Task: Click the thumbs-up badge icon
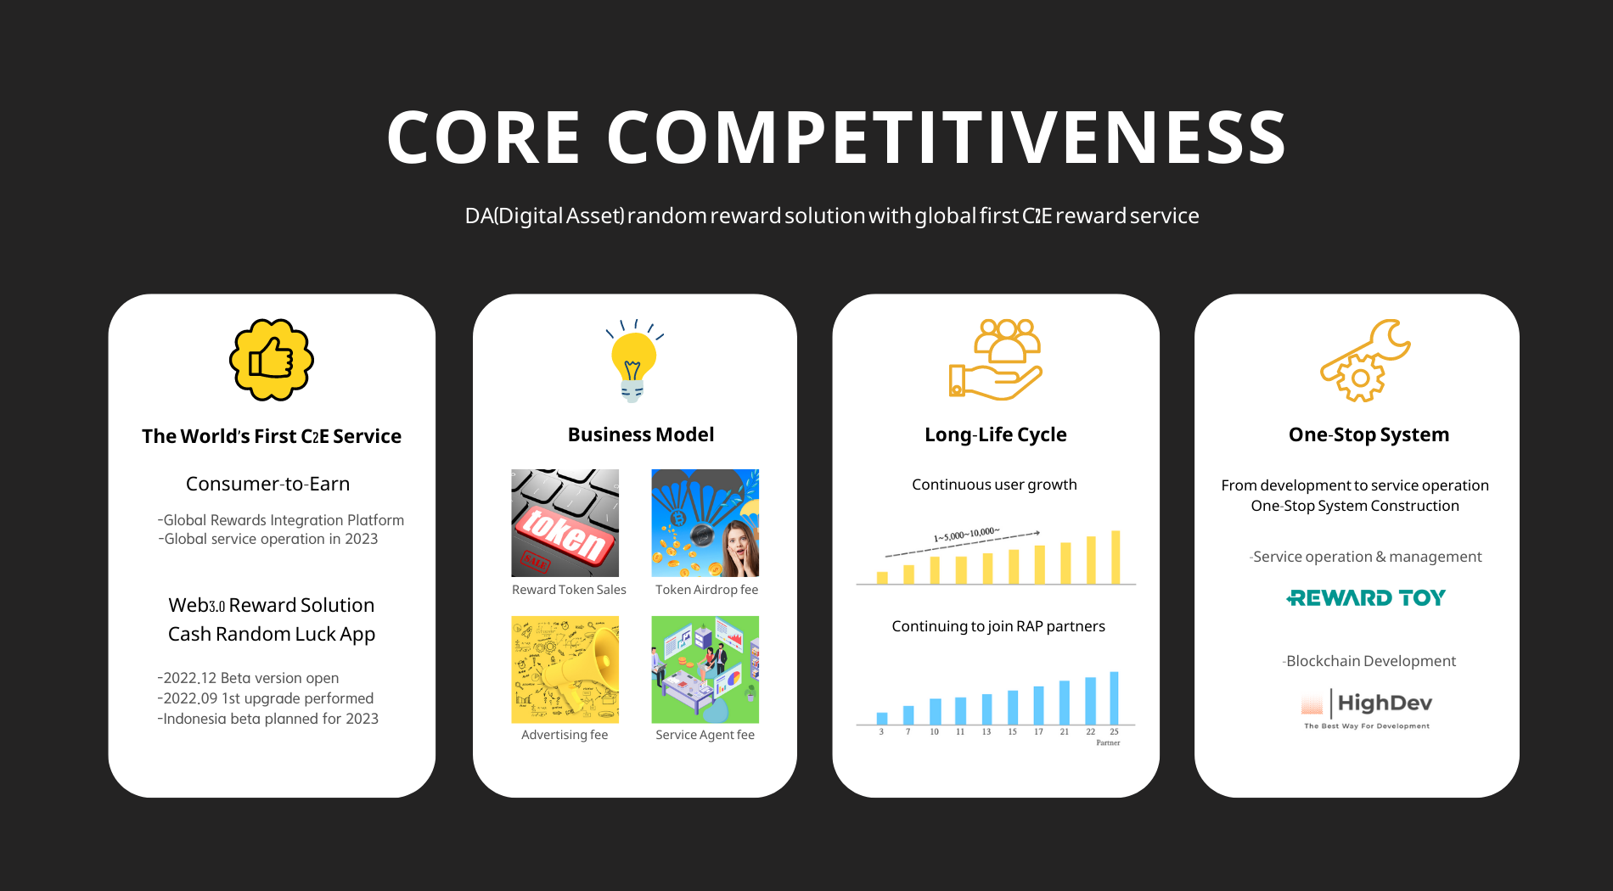(x=272, y=360)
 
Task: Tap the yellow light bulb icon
(x=634, y=360)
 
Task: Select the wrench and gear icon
(x=1365, y=360)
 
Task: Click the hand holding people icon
(x=996, y=360)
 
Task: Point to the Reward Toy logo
(x=1366, y=598)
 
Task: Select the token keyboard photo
(x=565, y=523)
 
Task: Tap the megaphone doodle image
(x=565, y=670)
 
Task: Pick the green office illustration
(x=705, y=670)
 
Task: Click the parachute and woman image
(x=705, y=523)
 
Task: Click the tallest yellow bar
(x=1116, y=557)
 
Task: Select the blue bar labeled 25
(x=1114, y=698)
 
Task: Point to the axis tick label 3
(x=881, y=731)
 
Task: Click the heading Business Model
(x=641, y=434)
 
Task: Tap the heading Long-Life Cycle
(x=996, y=434)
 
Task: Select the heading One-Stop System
(x=1369, y=434)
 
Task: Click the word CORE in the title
(x=484, y=137)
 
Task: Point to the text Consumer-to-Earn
(x=267, y=484)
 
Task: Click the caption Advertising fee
(x=565, y=735)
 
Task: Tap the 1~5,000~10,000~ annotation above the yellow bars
(x=967, y=535)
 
